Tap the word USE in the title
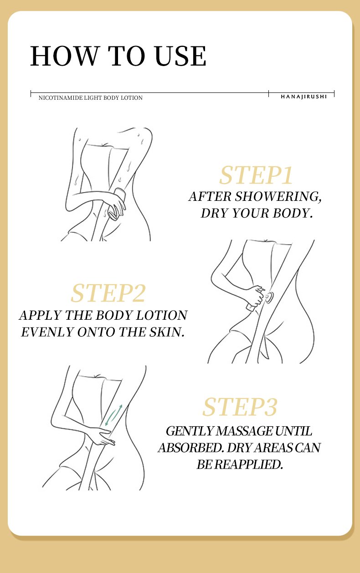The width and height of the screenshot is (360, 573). click(x=180, y=56)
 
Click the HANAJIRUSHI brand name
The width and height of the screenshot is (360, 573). click(x=303, y=97)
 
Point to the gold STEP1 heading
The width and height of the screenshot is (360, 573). click(x=256, y=175)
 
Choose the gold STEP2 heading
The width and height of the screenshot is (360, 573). click(x=108, y=293)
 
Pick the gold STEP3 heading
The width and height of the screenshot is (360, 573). click(x=240, y=407)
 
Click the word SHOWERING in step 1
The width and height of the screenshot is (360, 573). click(x=278, y=196)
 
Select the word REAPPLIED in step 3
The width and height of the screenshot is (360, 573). click(x=248, y=464)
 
